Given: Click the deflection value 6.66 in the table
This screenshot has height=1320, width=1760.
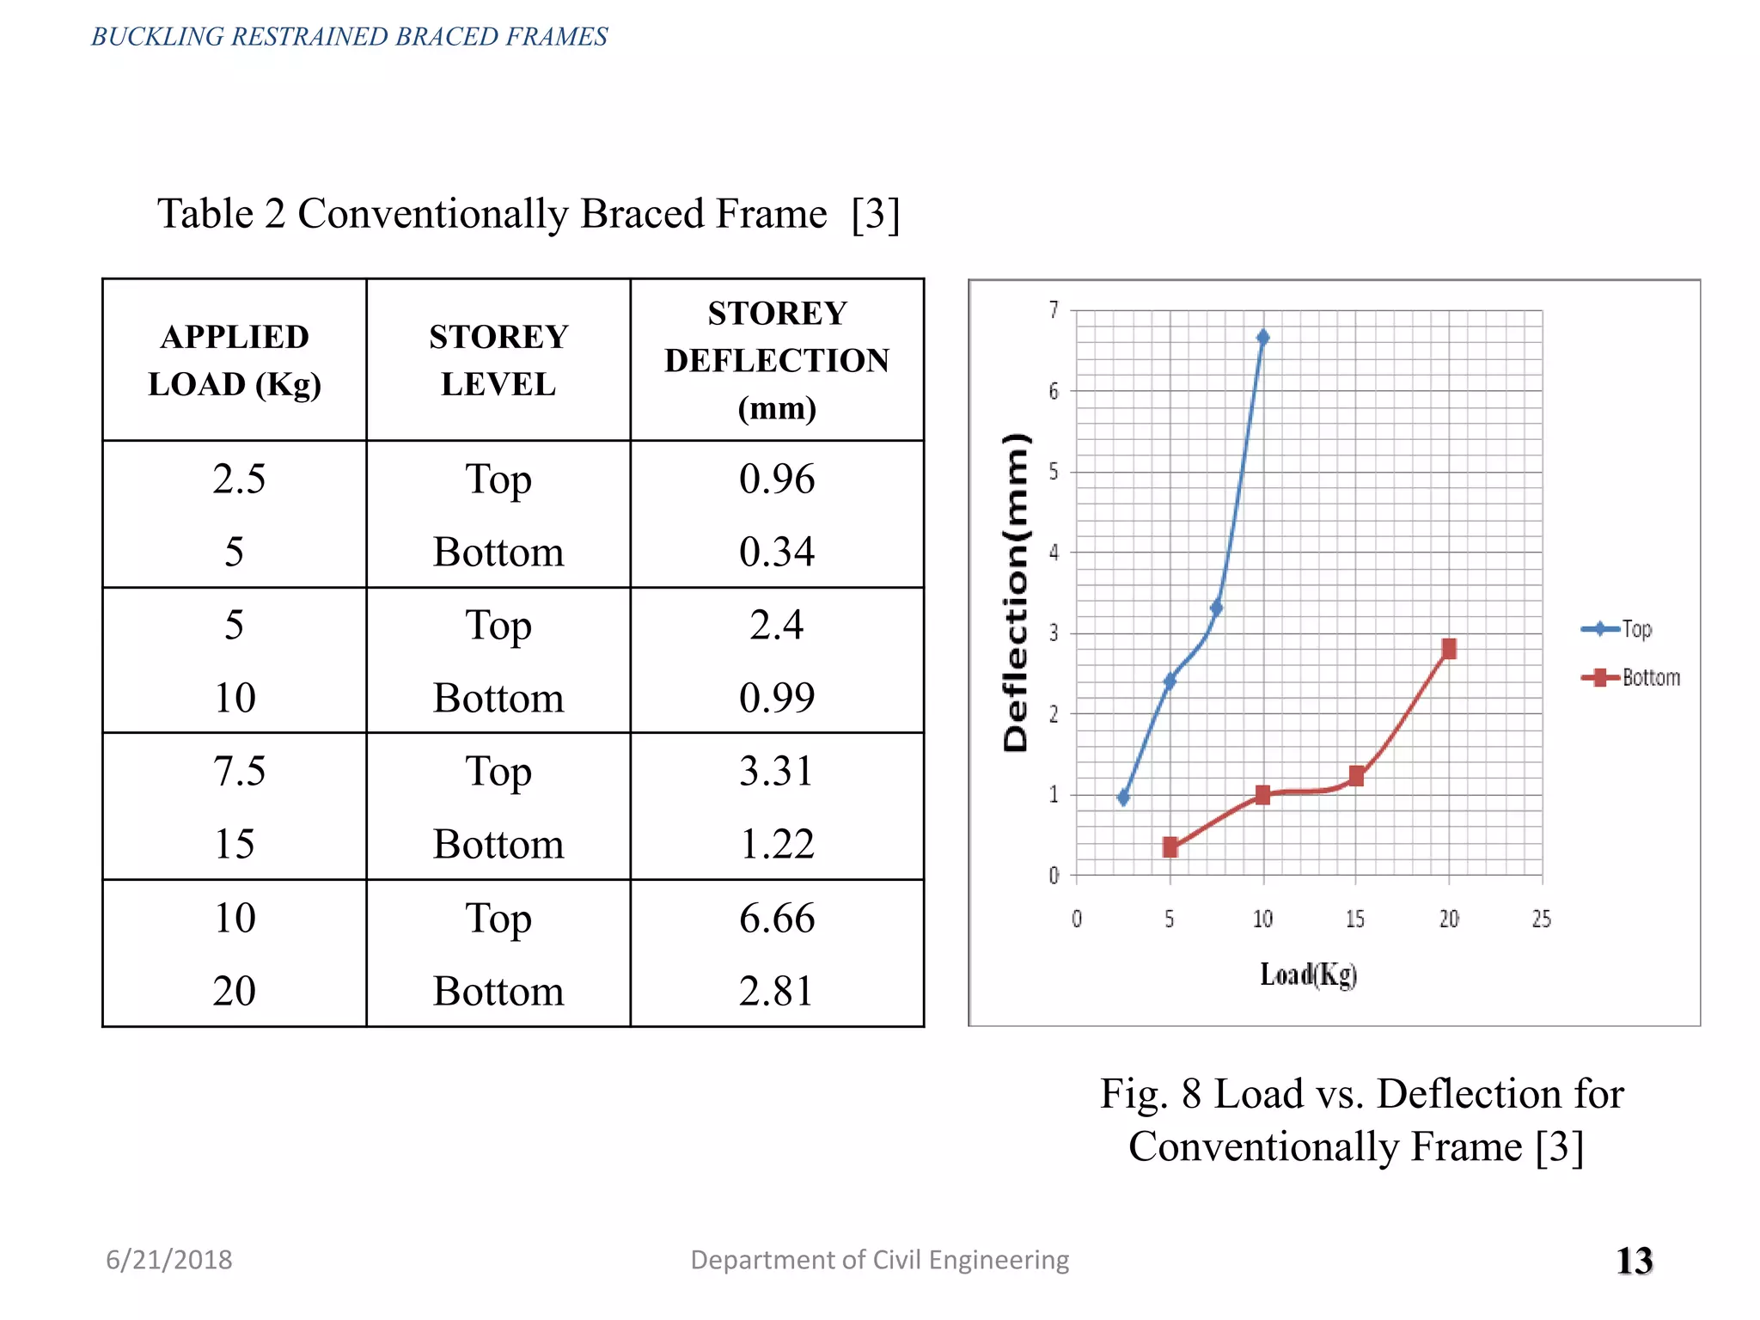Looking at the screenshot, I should click(x=776, y=918).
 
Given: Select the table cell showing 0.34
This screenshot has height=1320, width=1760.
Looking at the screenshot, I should click(x=776, y=551).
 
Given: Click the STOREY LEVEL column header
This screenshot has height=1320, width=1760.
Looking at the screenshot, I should click(x=498, y=360).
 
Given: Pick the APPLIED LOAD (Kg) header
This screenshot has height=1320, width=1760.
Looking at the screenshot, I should click(x=235, y=360).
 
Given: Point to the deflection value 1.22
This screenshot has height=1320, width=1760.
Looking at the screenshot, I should click(x=776, y=844).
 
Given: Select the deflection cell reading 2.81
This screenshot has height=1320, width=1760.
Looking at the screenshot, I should click(x=776, y=991).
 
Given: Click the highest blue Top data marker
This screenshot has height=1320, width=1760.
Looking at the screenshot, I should click(x=1262, y=337).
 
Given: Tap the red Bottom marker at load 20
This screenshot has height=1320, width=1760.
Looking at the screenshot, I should click(x=1449, y=649).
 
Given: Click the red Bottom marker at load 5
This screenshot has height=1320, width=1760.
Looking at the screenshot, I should click(x=1170, y=847).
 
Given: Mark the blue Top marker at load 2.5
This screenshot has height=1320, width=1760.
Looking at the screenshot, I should click(x=1123, y=797).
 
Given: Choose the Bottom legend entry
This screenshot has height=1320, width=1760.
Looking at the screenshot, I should click(x=1631, y=678).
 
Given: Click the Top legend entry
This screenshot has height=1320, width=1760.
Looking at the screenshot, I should click(x=1617, y=629).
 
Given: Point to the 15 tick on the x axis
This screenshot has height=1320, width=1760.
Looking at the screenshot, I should click(x=1355, y=920).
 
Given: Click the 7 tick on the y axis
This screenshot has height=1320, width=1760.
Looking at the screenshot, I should click(x=1054, y=310).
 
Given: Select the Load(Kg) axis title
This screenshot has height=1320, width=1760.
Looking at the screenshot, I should click(x=1308, y=975).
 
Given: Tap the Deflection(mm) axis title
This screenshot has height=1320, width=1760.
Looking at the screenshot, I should click(x=1016, y=593).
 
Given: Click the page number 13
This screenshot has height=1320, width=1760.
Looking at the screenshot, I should click(x=1634, y=1261).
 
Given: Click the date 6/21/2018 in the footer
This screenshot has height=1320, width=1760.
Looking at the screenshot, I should click(x=169, y=1260).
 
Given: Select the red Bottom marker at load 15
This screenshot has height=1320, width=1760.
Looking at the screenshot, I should click(x=1356, y=776).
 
